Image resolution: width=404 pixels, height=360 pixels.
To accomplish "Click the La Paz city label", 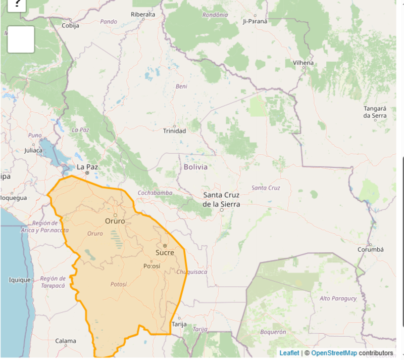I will pos(87,166).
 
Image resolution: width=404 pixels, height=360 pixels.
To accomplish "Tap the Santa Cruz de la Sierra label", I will pos(221,200).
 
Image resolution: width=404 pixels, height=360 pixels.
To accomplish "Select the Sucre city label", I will pos(165,252).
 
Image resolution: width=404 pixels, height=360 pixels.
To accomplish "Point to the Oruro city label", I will pos(115,221).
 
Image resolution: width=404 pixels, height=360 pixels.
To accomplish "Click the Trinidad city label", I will pos(174,131).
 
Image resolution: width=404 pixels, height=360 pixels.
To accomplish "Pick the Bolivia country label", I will pos(195,166).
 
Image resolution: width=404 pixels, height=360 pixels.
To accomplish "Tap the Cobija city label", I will pos(70,26).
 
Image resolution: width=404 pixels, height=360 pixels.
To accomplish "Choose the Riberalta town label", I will pos(143,14).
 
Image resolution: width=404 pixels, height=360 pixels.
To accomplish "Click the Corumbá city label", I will pos(371,249).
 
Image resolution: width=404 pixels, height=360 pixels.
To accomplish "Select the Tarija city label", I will pos(179,324).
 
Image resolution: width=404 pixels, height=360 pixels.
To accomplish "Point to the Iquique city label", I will pos(20,280).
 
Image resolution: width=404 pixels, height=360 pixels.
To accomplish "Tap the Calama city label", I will pos(66,341).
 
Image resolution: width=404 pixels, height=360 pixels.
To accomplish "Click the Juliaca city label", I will pos(34,150).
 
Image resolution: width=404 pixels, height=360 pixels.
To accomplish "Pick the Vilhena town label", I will pos(303,63).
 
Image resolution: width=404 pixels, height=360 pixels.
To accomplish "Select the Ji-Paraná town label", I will pos(255,21).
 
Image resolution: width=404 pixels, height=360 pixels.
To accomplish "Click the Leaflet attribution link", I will pos(289,353).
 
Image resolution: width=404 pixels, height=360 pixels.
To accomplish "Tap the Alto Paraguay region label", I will pos(338,298).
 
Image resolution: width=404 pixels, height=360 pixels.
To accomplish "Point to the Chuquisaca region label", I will pos(192,272).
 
